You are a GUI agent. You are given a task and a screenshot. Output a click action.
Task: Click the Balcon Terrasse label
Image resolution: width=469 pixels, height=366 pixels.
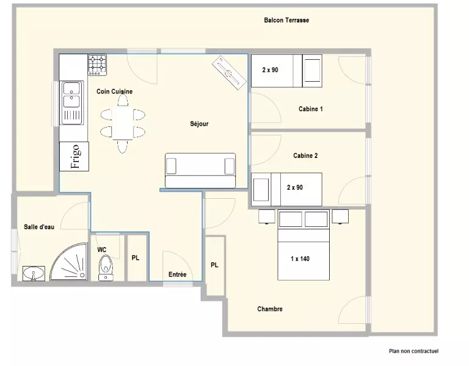coord(286,20)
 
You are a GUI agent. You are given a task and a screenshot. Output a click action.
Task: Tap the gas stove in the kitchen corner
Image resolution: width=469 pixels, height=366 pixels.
coord(97,65)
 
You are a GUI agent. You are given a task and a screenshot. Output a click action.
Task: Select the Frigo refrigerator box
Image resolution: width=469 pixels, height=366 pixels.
coord(74,156)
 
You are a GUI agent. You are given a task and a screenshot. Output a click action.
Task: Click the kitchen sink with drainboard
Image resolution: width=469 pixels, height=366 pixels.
coord(72,102)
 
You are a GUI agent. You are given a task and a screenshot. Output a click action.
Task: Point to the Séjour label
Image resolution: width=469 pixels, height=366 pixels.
coord(199,124)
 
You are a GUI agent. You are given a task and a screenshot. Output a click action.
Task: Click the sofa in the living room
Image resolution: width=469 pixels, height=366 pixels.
coord(200,171)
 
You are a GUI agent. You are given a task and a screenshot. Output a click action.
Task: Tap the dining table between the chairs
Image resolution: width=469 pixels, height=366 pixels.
coord(123,123)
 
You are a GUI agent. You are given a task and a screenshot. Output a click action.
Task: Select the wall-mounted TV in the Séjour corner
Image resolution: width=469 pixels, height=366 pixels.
coord(229,73)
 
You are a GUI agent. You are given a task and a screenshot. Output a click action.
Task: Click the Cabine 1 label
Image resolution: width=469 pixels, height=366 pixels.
coord(310,109)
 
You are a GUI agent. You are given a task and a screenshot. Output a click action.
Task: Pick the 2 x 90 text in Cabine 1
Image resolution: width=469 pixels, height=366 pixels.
coord(270,70)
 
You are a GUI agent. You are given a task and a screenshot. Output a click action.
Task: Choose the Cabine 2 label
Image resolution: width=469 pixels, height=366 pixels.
coord(305,156)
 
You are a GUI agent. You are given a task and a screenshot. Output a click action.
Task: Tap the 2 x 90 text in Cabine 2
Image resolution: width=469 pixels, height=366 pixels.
coord(295,187)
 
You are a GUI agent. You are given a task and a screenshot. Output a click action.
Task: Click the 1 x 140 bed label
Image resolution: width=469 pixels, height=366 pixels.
coord(300,259)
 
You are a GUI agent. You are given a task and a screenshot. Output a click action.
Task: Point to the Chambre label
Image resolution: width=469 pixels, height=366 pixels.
coord(270,309)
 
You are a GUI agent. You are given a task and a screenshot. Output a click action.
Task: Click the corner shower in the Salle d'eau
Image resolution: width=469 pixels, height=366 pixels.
coord(69,262)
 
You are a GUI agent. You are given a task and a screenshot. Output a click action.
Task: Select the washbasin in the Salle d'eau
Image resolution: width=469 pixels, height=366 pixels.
coord(34,273)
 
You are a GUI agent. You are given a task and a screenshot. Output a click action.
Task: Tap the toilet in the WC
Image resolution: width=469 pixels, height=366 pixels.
coord(106,268)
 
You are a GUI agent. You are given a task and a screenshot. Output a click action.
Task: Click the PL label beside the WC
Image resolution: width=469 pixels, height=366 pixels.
coord(136,258)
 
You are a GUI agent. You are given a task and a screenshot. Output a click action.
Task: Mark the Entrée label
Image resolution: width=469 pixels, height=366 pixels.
coord(177,274)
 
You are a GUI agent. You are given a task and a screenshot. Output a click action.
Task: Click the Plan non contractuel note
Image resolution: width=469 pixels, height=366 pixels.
coord(413,351)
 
